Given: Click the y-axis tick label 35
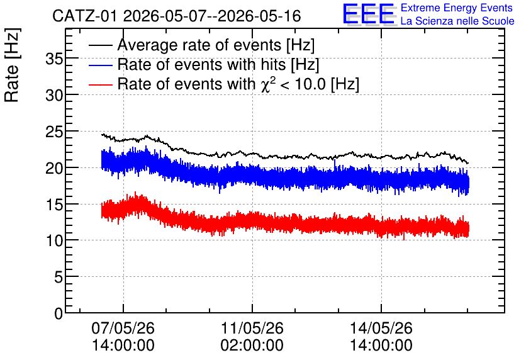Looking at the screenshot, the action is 54,59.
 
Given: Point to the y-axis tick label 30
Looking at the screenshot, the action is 54,96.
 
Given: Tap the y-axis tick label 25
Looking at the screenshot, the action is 54,133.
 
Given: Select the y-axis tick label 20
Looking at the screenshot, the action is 54,169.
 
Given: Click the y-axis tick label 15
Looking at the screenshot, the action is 54,205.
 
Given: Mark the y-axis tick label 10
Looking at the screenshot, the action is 54,241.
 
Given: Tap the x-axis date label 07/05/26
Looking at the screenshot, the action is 123,328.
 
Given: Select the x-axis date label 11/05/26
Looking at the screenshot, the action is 252,328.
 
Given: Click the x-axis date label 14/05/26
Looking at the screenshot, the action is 381,328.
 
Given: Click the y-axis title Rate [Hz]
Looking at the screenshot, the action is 12,65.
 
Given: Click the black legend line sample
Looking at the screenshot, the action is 101,45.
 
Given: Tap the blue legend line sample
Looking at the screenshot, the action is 101,65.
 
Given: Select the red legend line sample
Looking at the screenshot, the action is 101,84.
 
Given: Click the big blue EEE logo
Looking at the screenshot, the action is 368,14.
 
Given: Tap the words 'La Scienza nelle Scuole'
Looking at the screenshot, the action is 457,21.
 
